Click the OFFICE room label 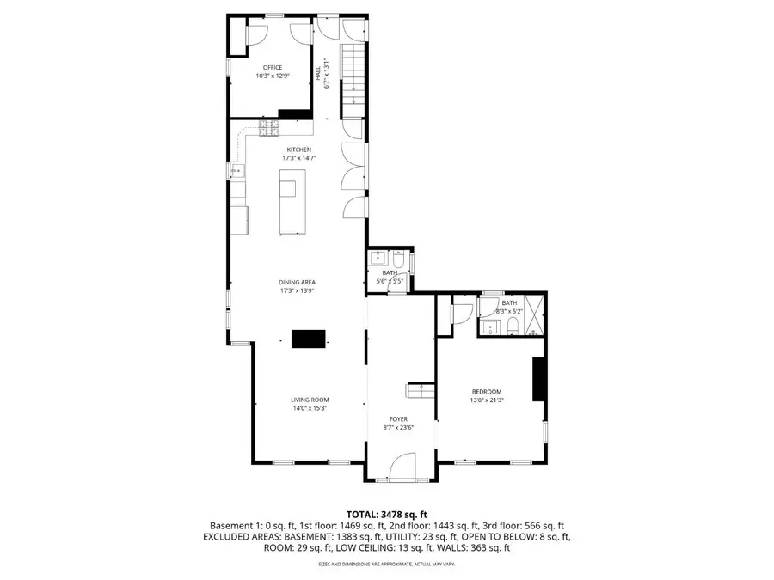[272, 67]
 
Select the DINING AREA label [297, 282]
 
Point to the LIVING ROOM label [309, 400]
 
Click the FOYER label [397, 419]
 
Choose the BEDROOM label [486, 392]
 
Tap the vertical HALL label [317, 76]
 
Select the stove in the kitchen [270, 128]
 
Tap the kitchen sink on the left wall [236, 172]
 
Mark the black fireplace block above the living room [308, 339]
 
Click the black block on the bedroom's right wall [538, 379]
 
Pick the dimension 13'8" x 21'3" [487, 400]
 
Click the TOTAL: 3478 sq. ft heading [386, 513]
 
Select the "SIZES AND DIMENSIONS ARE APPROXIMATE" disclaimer [386, 564]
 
